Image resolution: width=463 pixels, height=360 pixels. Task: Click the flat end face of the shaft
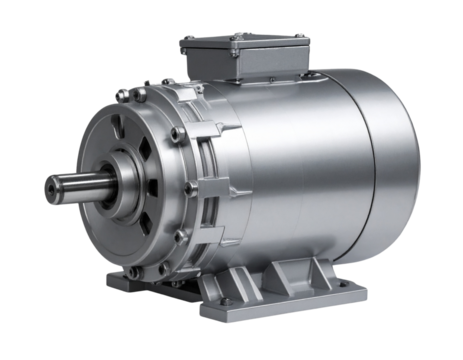51,188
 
